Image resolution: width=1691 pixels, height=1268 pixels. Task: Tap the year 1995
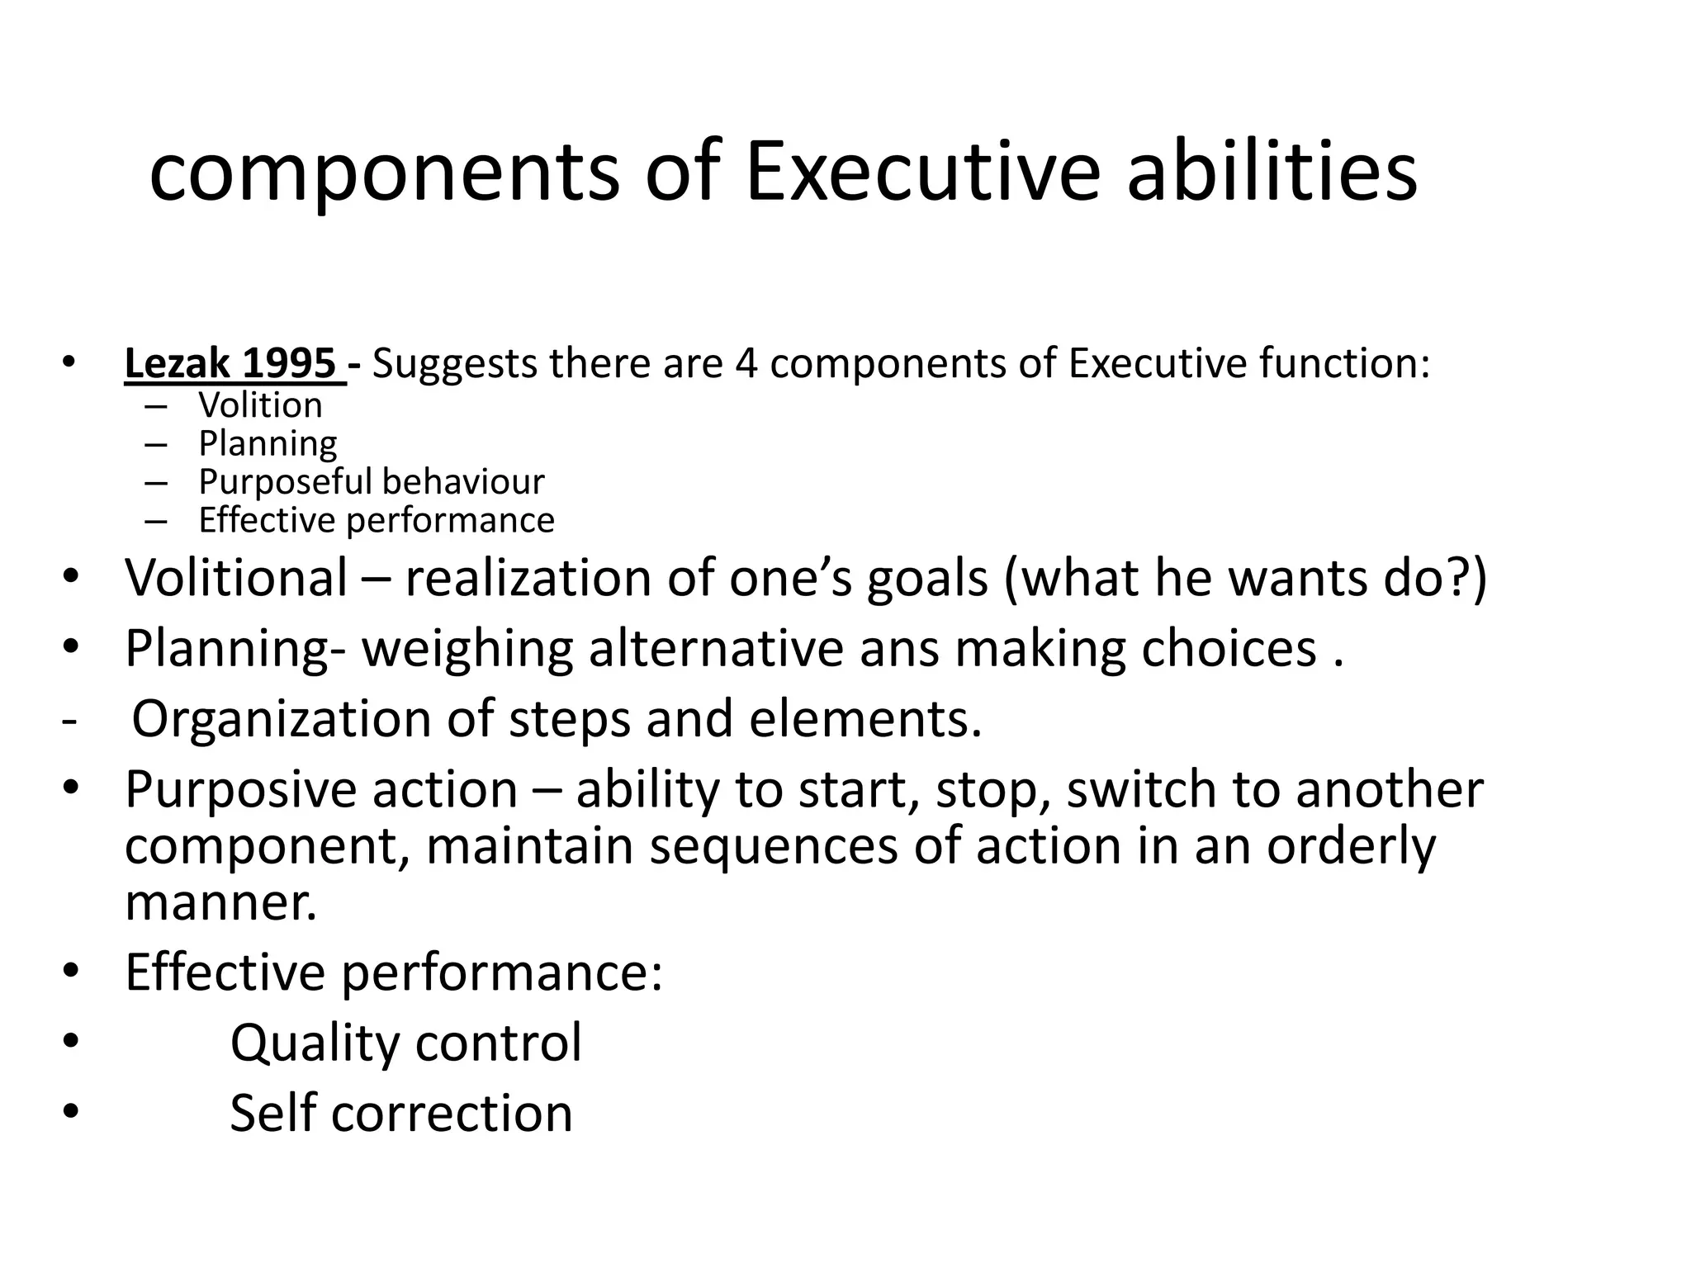click(x=289, y=363)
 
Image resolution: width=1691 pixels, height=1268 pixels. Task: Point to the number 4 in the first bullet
click(x=746, y=363)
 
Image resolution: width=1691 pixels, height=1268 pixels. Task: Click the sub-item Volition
click(x=260, y=405)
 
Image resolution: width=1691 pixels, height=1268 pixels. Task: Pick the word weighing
click(x=467, y=649)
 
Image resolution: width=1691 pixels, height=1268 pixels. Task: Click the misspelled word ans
click(x=899, y=649)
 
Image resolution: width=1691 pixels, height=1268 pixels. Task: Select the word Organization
click(x=281, y=719)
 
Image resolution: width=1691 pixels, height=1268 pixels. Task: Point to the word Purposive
click(x=239, y=790)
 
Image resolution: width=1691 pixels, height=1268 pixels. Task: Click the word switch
click(x=1140, y=789)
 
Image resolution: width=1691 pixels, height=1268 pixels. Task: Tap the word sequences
click(x=773, y=848)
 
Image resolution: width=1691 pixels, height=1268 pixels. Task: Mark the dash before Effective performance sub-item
click(x=155, y=521)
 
